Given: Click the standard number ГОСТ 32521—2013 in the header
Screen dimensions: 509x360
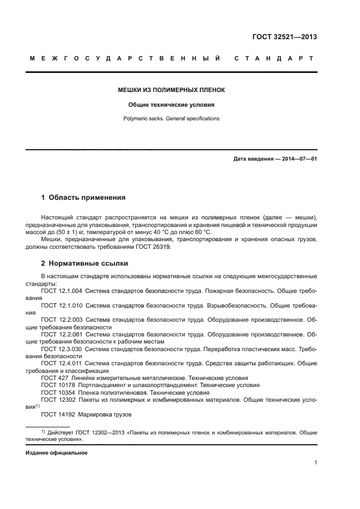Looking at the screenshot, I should pyautogui.click(x=284, y=37).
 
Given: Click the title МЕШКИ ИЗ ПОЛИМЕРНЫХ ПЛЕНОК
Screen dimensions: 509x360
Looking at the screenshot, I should pyautogui.click(x=172, y=89).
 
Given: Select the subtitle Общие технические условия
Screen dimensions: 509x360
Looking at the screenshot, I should pyautogui.click(x=172, y=104).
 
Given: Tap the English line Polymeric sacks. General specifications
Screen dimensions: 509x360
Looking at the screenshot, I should pyautogui.click(x=172, y=118).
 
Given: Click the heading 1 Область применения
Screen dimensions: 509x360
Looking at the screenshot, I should pyautogui.click(x=83, y=198).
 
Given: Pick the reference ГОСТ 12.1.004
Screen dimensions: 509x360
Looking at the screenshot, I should pyautogui.click(x=62, y=291).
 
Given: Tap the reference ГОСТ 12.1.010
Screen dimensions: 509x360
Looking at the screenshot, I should pyautogui.click(x=62, y=306).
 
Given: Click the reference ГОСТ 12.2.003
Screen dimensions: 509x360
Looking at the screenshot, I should pyautogui.click(x=62, y=320).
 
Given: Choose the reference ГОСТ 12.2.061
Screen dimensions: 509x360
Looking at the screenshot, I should pyautogui.click(x=62, y=334).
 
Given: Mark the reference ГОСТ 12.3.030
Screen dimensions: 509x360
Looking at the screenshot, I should pyautogui.click(x=62, y=348).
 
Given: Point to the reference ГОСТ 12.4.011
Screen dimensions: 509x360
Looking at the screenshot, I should pyautogui.click(x=62, y=363).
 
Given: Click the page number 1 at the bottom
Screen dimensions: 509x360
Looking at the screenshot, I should pyautogui.click(x=315, y=463).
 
